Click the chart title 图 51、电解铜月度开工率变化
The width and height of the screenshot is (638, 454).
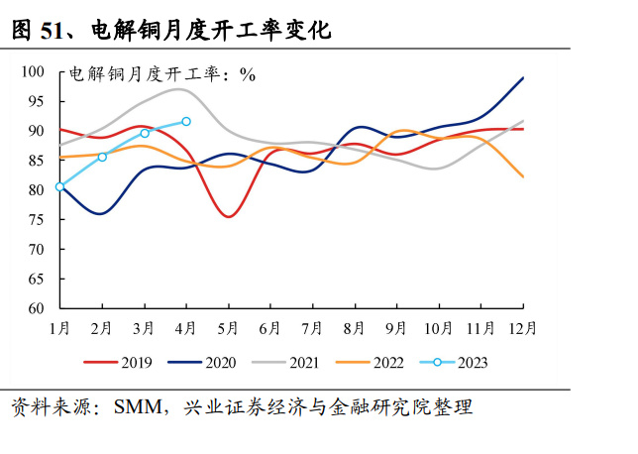(169, 31)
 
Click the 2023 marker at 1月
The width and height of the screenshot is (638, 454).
(59, 186)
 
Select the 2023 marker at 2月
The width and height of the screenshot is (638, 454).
(102, 157)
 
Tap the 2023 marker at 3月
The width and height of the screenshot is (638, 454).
(145, 133)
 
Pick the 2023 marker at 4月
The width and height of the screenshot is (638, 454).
(186, 121)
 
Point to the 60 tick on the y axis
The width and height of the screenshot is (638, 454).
(37, 308)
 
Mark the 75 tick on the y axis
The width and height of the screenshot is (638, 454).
(37, 220)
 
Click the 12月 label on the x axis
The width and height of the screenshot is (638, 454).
(523, 328)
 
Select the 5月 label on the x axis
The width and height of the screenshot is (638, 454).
(229, 328)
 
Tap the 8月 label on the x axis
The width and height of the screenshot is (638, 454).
(355, 328)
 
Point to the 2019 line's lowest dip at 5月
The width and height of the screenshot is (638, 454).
(229, 216)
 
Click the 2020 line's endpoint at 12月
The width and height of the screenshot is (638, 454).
(523, 77)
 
